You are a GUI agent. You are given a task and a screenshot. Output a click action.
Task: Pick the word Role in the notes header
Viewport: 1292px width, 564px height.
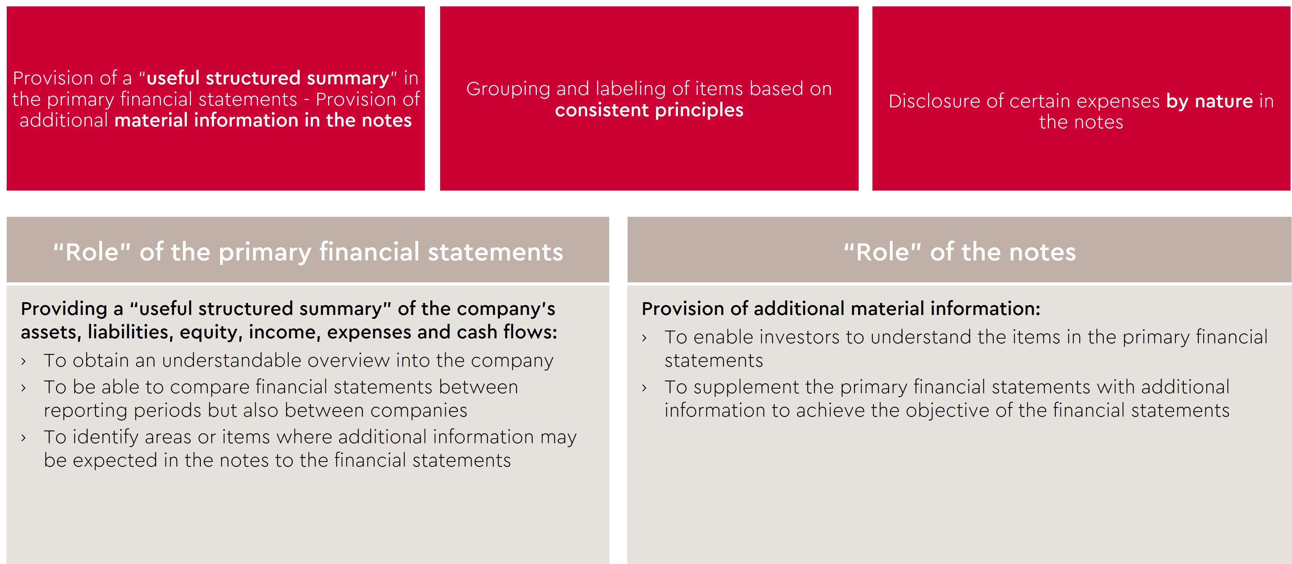[x=883, y=252]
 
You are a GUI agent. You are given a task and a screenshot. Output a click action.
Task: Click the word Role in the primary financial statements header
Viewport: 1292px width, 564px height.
[x=92, y=252]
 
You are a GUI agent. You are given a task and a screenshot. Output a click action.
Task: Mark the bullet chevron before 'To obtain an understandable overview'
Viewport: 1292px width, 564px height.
[x=23, y=361]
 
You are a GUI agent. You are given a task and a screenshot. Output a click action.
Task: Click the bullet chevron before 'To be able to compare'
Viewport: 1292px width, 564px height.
[x=23, y=388]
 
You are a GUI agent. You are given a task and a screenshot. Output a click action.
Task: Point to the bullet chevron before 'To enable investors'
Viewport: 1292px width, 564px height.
[x=644, y=338]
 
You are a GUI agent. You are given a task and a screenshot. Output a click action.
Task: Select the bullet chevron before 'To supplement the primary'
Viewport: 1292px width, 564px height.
[x=644, y=388]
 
